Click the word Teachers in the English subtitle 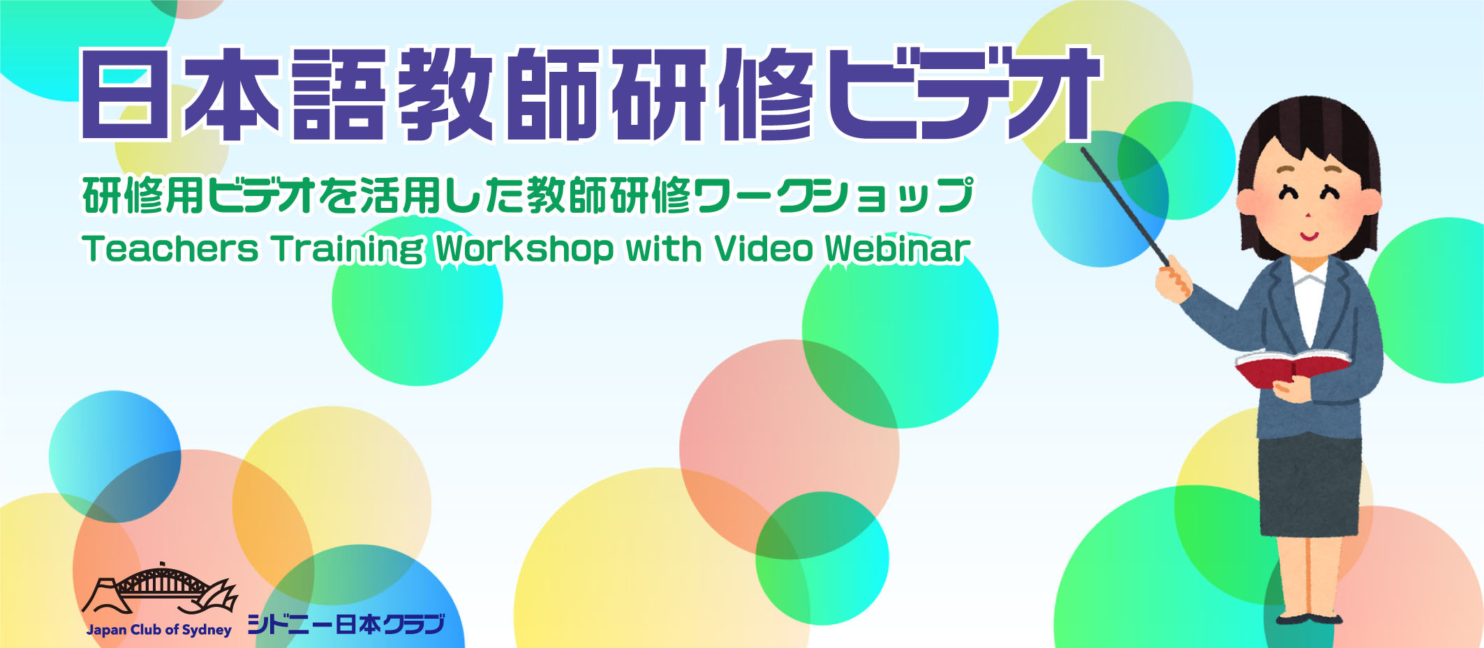click(x=170, y=248)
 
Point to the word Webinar click(x=898, y=248)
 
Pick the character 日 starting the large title click(x=125, y=95)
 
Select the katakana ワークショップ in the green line click(x=833, y=195)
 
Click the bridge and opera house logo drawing click(x=160, y=590)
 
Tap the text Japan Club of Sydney click(x=158, y=630)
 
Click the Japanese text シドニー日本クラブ click(x=346, y=624)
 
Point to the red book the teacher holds click(x=1291, y=367)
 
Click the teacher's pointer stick click(x=1125, y=207)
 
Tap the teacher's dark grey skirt click(x=1309, y=486)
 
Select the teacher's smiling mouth click(x=1309, y=235)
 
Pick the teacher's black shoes click(x=1309, y=619)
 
